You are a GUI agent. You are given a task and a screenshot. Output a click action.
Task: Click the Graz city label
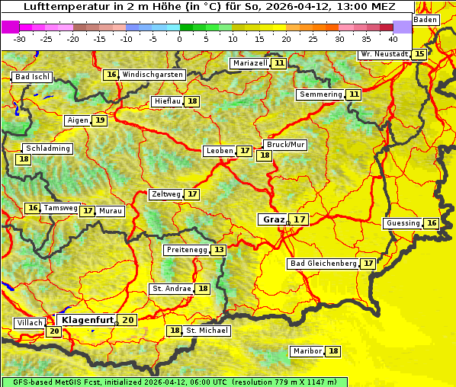coord(273,219)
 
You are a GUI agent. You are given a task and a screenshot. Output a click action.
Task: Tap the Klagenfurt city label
coord(88,320)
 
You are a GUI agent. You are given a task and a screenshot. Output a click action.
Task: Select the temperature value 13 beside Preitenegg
coord(220,250)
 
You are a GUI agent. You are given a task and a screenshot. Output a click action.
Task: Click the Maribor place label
coord(307,351)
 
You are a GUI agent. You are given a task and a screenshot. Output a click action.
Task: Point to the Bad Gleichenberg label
coord(323,264)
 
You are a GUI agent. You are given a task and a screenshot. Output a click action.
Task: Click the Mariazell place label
coord(250,63)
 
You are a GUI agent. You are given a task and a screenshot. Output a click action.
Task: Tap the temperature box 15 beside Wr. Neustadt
coord(419,54)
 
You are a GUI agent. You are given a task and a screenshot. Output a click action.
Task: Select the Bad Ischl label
coord(32,77)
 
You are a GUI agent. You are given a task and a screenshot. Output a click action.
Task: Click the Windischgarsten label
coord(153,75)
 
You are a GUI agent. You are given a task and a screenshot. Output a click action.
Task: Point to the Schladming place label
coord(47,149)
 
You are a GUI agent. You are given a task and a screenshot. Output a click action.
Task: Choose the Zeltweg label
coord(166,194)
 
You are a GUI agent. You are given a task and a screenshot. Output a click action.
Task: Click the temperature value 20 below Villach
coord(53,331)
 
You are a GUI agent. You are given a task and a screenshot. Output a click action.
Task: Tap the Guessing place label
coord(403,223)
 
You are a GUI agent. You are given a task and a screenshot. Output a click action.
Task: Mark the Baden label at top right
coord(426,20)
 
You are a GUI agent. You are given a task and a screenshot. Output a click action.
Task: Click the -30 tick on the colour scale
coord(20,39)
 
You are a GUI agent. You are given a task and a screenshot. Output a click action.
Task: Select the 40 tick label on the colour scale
coord(393,39)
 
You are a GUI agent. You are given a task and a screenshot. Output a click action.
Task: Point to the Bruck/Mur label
coord(285,145)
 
